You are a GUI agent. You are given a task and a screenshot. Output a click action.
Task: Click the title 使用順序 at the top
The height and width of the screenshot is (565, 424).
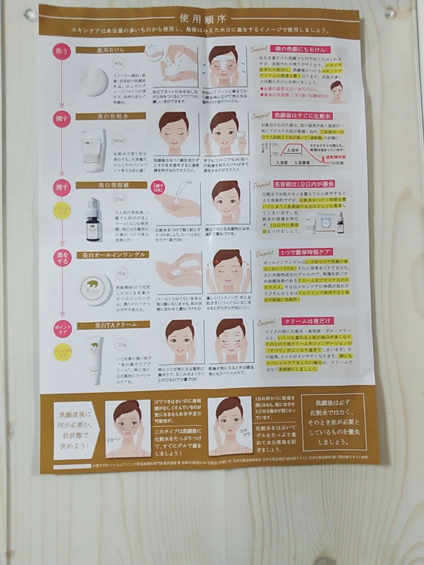tap(202, 18)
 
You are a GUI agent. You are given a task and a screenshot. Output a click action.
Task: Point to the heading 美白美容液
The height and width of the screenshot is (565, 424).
tap(113, 185)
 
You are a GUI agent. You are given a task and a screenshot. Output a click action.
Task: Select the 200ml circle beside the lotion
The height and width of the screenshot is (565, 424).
tap(119, 141)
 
